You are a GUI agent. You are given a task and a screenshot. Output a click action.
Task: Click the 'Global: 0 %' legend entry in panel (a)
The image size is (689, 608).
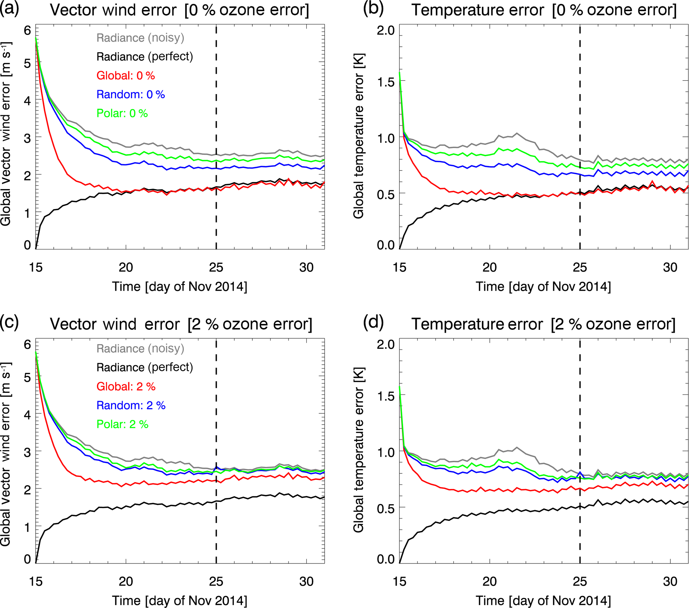[x=125, y=75]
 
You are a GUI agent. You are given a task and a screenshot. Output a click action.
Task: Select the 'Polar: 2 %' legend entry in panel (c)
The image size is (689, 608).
[x=122, y=424]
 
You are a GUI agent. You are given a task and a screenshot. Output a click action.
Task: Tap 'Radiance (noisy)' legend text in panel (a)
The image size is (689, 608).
[x=140, y=37]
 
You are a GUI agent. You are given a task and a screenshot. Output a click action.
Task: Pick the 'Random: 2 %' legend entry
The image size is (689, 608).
[x=131, y=405]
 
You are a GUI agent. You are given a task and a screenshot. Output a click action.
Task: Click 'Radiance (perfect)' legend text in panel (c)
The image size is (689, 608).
[x=145, y=367]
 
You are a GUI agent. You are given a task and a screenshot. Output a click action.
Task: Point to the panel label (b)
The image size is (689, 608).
[x=373, y=9]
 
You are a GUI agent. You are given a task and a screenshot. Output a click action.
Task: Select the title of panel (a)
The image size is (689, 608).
[x=179, y=10]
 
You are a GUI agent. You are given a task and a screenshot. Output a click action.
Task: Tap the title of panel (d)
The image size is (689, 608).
[x=543, y=324]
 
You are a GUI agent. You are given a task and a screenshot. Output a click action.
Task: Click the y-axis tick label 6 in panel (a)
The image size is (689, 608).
[x=27, y=30]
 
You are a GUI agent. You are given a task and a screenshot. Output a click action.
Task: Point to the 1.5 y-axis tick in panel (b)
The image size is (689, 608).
[x=386, y=82]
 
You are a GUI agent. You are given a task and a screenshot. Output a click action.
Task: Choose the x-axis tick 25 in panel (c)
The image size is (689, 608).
[x=216, y=581]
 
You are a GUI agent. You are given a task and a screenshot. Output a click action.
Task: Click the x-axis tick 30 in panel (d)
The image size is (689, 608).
[x=670, y=581]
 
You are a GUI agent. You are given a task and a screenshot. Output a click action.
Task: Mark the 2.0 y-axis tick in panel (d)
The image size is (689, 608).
[x=386, y=344]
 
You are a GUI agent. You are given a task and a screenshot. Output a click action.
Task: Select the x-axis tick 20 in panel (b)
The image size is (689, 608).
[x=489, y=267]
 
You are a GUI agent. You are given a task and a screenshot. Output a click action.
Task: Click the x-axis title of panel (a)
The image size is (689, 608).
[x=179, y=286]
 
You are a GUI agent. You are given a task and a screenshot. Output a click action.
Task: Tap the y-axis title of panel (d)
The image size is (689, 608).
[x=359, y=450]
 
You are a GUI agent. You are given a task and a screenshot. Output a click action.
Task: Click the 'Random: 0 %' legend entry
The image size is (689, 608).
[x=130, y=94]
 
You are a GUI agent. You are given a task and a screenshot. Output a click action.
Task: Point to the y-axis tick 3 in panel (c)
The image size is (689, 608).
[x=27, y=452]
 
